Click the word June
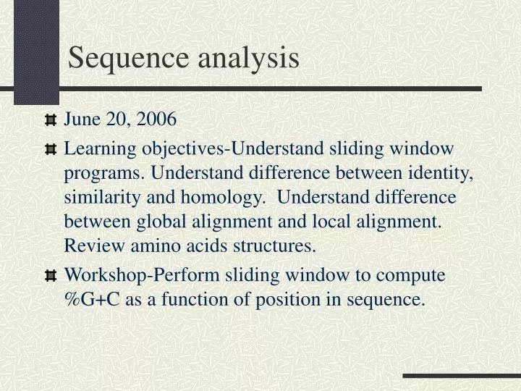coord(80,119)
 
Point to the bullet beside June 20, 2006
coord(50,119)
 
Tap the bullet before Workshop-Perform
coord(50,276)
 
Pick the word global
coord(151,222)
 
